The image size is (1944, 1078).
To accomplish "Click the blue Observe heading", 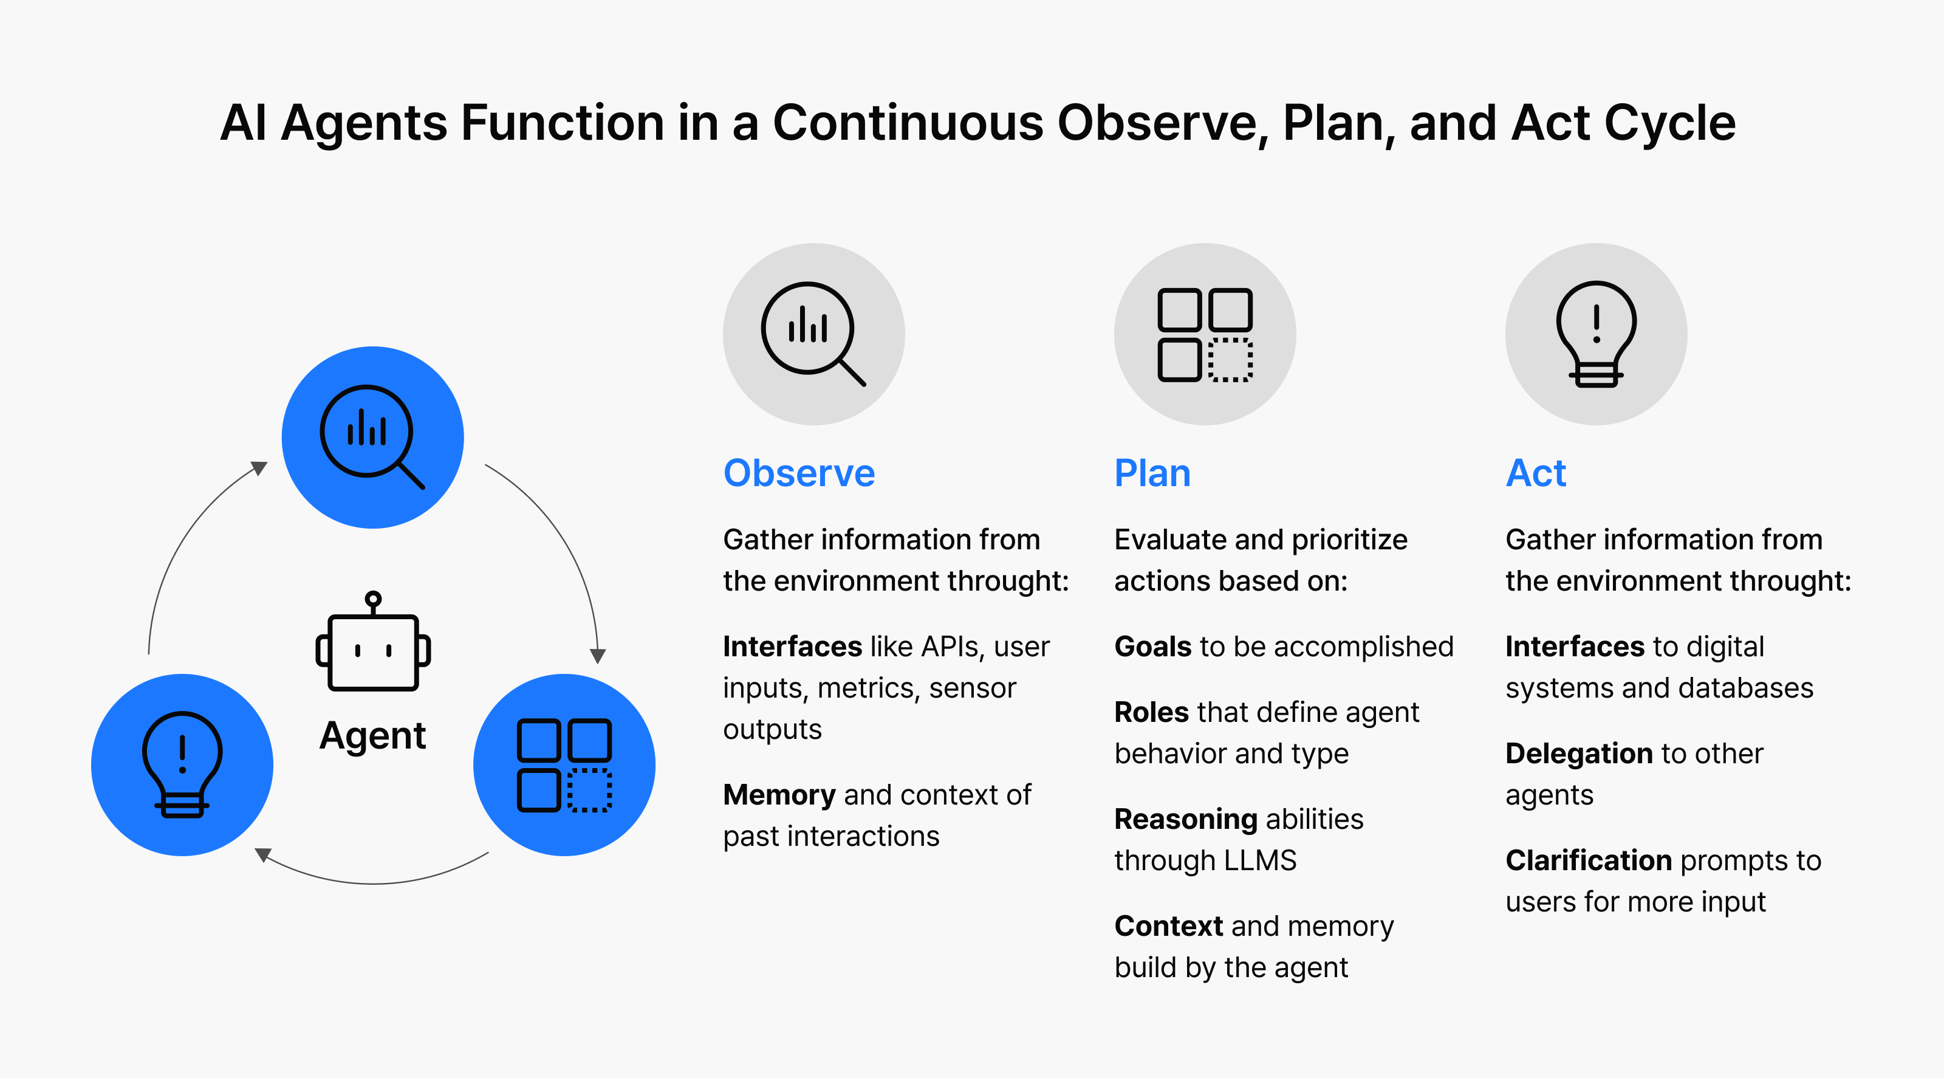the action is click(799, 473).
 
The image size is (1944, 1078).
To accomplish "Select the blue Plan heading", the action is click(1152, 473).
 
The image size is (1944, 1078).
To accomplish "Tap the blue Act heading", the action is click(1536, 473).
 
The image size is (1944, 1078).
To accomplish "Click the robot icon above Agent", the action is click(373, 641).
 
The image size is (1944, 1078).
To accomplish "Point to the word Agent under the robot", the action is click(373, 736).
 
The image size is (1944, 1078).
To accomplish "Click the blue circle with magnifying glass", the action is click(373, 437).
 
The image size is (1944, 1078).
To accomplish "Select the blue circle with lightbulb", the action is click(182, 764).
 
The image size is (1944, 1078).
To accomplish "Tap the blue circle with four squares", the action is click(564, 764).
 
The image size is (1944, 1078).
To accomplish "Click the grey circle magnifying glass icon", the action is click(813, 334).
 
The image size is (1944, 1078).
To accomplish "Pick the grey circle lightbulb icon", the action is click(1596, 334).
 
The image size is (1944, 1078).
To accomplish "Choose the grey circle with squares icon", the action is click(1205, 334).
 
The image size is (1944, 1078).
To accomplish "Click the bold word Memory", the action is click(779, 795).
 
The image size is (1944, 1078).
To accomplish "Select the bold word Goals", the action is click(1153, 647).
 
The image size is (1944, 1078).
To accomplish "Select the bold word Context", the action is click(1169, 926).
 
